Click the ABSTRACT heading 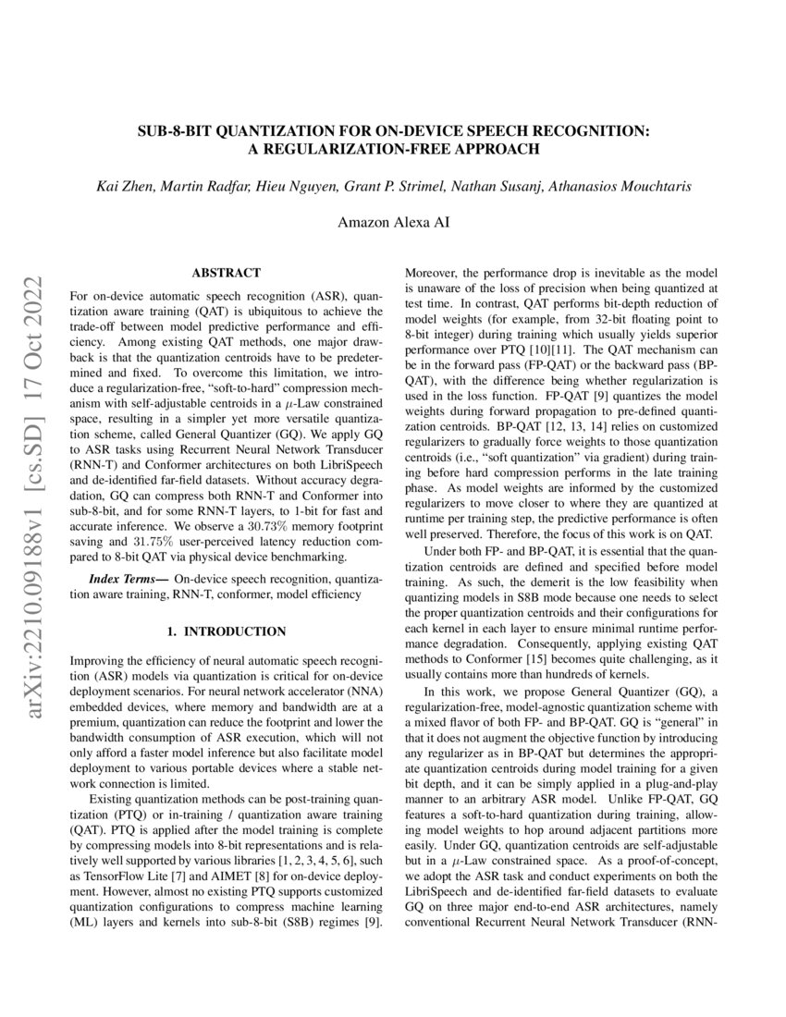click(x=226, y=273)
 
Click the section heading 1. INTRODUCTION click(x=226, y=631)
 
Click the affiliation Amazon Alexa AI click(x=393, y=222)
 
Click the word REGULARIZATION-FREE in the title click(x=340, y=148)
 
